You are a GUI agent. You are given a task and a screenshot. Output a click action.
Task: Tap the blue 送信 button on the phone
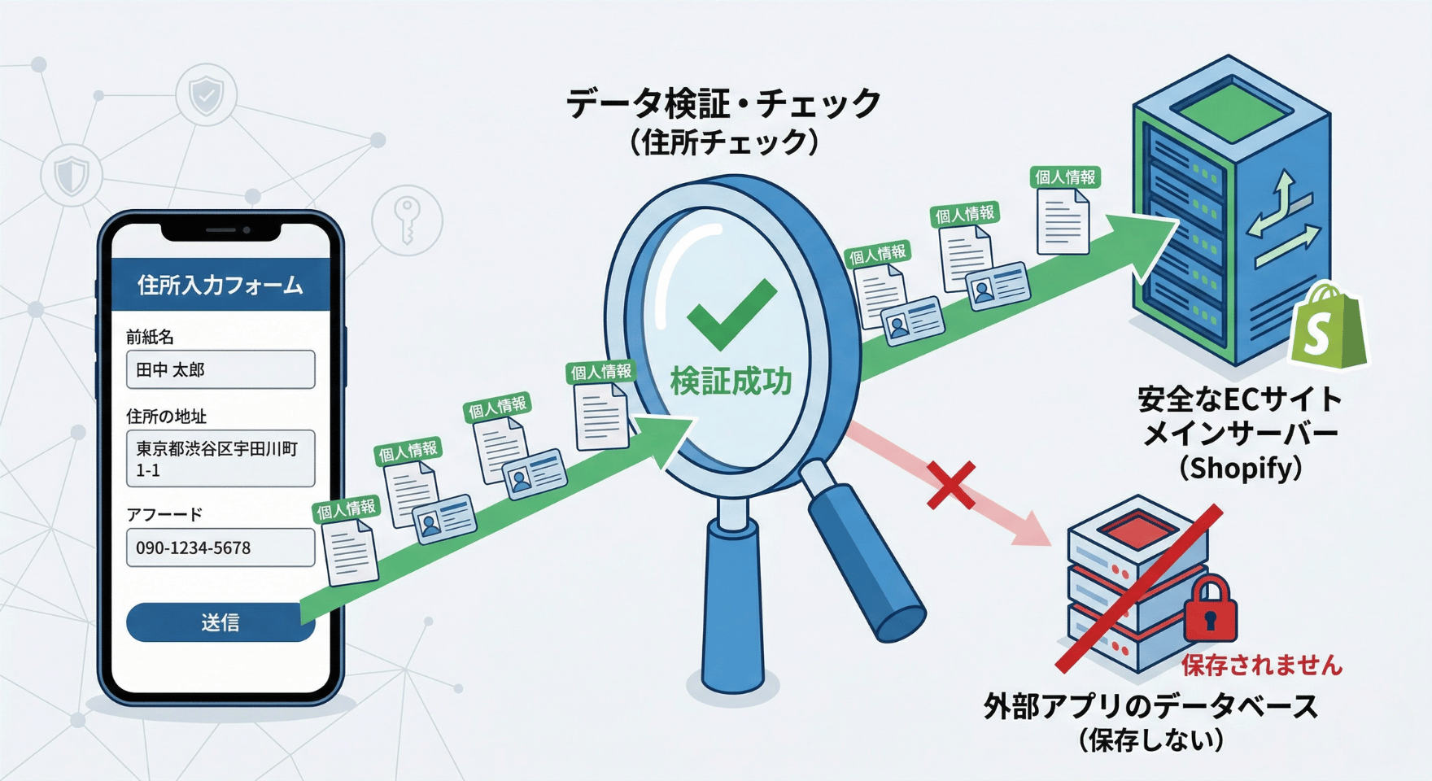220,622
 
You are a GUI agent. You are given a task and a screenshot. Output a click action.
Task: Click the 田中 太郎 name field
220,370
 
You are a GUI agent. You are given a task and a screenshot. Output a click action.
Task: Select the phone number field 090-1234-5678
220,548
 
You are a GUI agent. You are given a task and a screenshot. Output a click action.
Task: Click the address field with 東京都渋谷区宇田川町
220,459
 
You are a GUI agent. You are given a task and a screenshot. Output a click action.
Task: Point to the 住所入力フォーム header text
220,285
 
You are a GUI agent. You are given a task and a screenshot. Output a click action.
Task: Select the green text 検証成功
731,382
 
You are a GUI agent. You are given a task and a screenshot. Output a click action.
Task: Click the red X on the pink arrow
951,486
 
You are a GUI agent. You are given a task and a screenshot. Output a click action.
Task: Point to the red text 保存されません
1261,665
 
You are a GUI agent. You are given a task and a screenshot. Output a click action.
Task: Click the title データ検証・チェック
723,103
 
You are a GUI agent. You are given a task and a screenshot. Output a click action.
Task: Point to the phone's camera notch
221,231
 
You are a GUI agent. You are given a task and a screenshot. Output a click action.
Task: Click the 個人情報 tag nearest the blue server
1065,177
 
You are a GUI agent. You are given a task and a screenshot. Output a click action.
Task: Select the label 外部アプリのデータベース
1150,705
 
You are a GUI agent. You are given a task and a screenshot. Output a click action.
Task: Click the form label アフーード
164,514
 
